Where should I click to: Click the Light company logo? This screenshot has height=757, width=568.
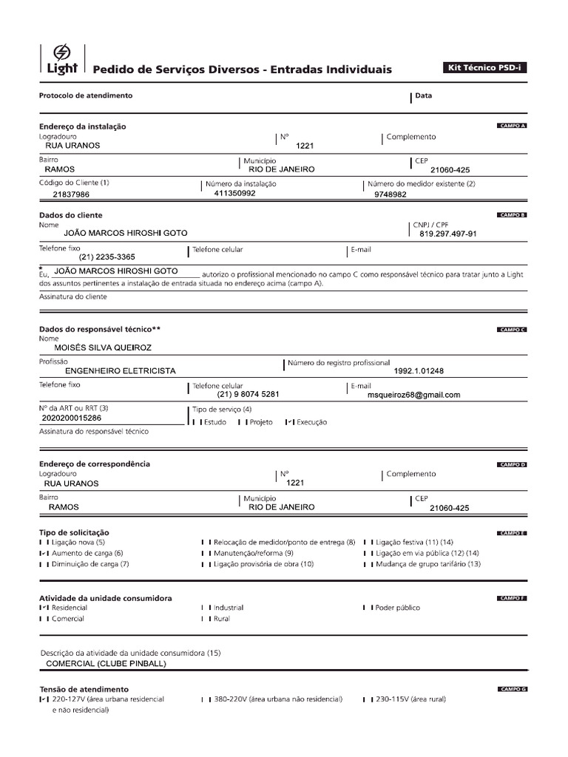pos(59,60)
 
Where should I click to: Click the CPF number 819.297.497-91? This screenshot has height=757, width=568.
pos(447,234)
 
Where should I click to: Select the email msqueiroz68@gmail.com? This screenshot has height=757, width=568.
pos(413,395)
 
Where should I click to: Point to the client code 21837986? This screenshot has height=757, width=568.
pos(72,194)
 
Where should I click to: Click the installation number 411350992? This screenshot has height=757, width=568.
pos(234,193)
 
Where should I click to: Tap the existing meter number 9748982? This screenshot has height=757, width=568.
pos(390,194)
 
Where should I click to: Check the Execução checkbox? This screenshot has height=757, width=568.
pos(290,422)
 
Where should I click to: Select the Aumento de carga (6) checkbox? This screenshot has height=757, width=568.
pos(44,553)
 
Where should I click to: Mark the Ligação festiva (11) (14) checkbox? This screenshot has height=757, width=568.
pos(368,542)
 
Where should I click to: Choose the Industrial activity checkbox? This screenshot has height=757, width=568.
pos(206,608)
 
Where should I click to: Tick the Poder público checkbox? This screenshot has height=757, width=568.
pos(368,608)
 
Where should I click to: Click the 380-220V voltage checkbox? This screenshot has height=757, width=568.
pos(206,699)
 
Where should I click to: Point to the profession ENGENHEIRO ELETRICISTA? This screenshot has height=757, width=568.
pos(121,371)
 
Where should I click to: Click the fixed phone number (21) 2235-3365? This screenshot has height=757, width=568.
pos(106,257)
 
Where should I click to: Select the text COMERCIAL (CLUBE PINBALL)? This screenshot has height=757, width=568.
pos(106,664)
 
